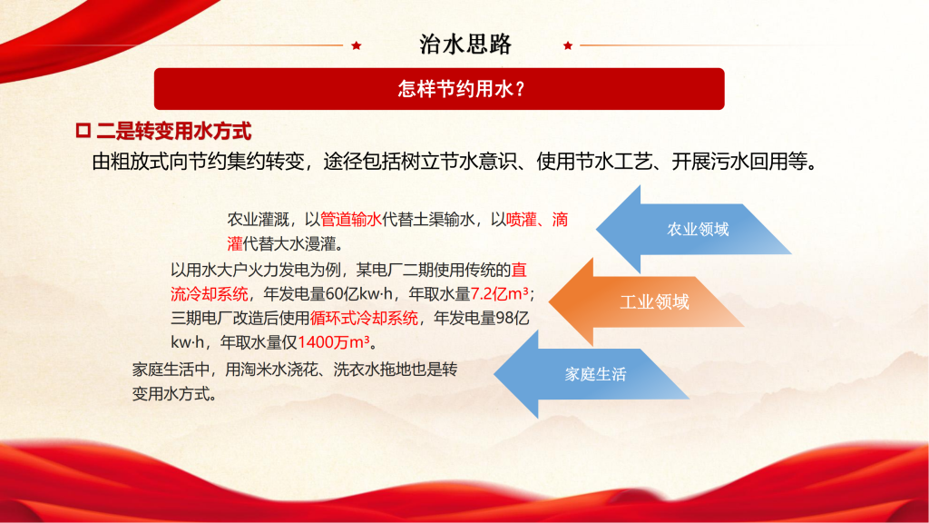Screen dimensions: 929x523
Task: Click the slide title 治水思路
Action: [465, 44]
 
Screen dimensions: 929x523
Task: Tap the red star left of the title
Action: [356, 45]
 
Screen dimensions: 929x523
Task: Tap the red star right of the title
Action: [568, 45]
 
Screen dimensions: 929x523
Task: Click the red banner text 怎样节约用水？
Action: [462, 89]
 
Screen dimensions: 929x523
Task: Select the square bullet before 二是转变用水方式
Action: [83, 131]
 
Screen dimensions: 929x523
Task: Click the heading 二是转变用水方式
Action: [174, 131]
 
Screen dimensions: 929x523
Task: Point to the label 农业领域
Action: [698, 230]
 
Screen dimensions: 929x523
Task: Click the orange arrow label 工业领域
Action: [654, 301]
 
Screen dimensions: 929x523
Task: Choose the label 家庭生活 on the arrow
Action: [595, 374]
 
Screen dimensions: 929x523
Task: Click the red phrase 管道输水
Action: [351, 220]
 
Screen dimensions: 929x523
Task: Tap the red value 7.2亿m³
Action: [500, 293]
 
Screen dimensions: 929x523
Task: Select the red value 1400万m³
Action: [334, 342]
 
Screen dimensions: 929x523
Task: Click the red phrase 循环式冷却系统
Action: [365, 318]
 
